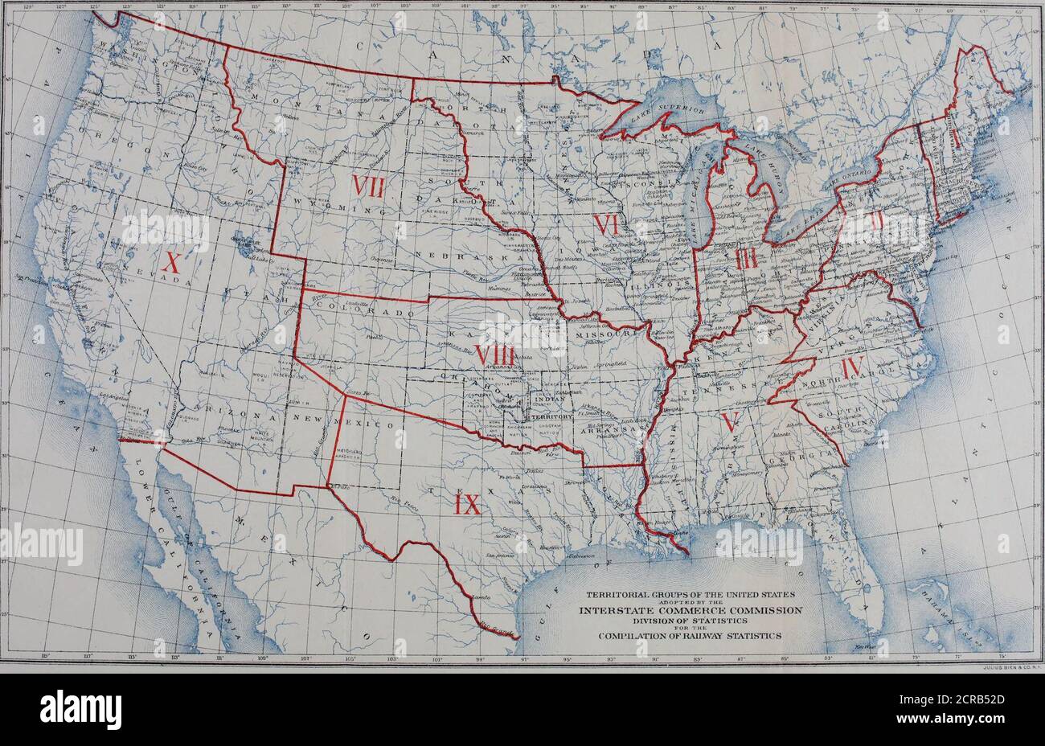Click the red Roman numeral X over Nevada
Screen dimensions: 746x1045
pyautogui.click(x=171, y=262)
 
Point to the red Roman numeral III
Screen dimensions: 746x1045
pyautogui.click(x=746, y=259)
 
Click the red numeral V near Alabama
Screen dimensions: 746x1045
pyautogui.click(x=730, y=421)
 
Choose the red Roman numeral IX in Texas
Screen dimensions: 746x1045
pyautogui.click(x=467, y=505)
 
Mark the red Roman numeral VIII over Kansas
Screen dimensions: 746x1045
pyautogui.click(x=494, y=355)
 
